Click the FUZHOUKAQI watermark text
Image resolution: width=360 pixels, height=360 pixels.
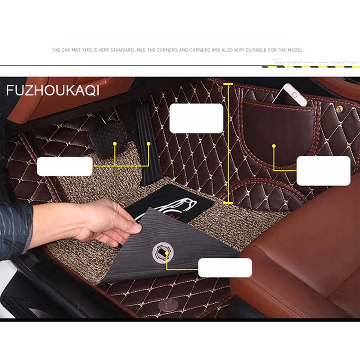53,90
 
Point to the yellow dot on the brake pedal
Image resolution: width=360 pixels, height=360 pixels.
115,144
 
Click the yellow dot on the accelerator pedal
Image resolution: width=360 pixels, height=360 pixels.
149,144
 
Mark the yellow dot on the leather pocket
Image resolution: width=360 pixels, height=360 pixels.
274,146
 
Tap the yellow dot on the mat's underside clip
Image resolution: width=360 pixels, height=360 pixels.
166,253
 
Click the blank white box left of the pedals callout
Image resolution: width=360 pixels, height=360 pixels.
64,166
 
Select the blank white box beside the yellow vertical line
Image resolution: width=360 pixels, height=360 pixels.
196,118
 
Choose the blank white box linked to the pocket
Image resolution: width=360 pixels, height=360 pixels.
323,171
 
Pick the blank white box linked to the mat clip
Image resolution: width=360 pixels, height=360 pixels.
225,267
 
